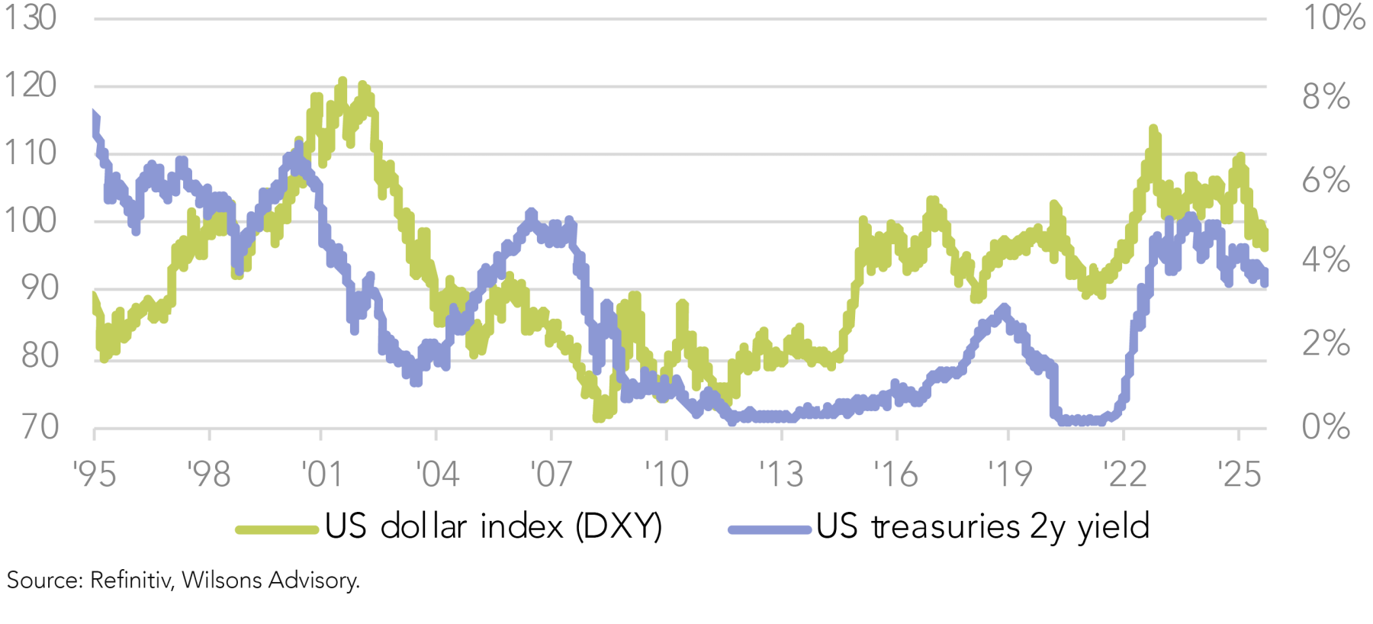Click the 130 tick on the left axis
click(31, 18)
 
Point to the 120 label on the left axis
click(31, 85)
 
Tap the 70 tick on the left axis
click(40, 427)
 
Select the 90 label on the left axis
click(40, 288)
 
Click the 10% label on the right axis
click(1333, 18)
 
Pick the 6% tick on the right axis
click(1326, 181)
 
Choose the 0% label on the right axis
click(1326, 427)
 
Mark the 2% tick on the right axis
click(1326, 344)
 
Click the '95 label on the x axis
click(95, 475)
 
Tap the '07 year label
click(551, 475)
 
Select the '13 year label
click(781, 475)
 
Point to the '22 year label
click(1124, 475)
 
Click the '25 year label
click(1239, 475)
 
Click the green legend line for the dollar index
click(276, 529)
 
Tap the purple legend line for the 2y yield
click(769, 529)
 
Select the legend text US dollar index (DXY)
click(494, 527)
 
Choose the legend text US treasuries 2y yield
click(982, 527)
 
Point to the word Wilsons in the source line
click(222, 581)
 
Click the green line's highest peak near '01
click(342, 80)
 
